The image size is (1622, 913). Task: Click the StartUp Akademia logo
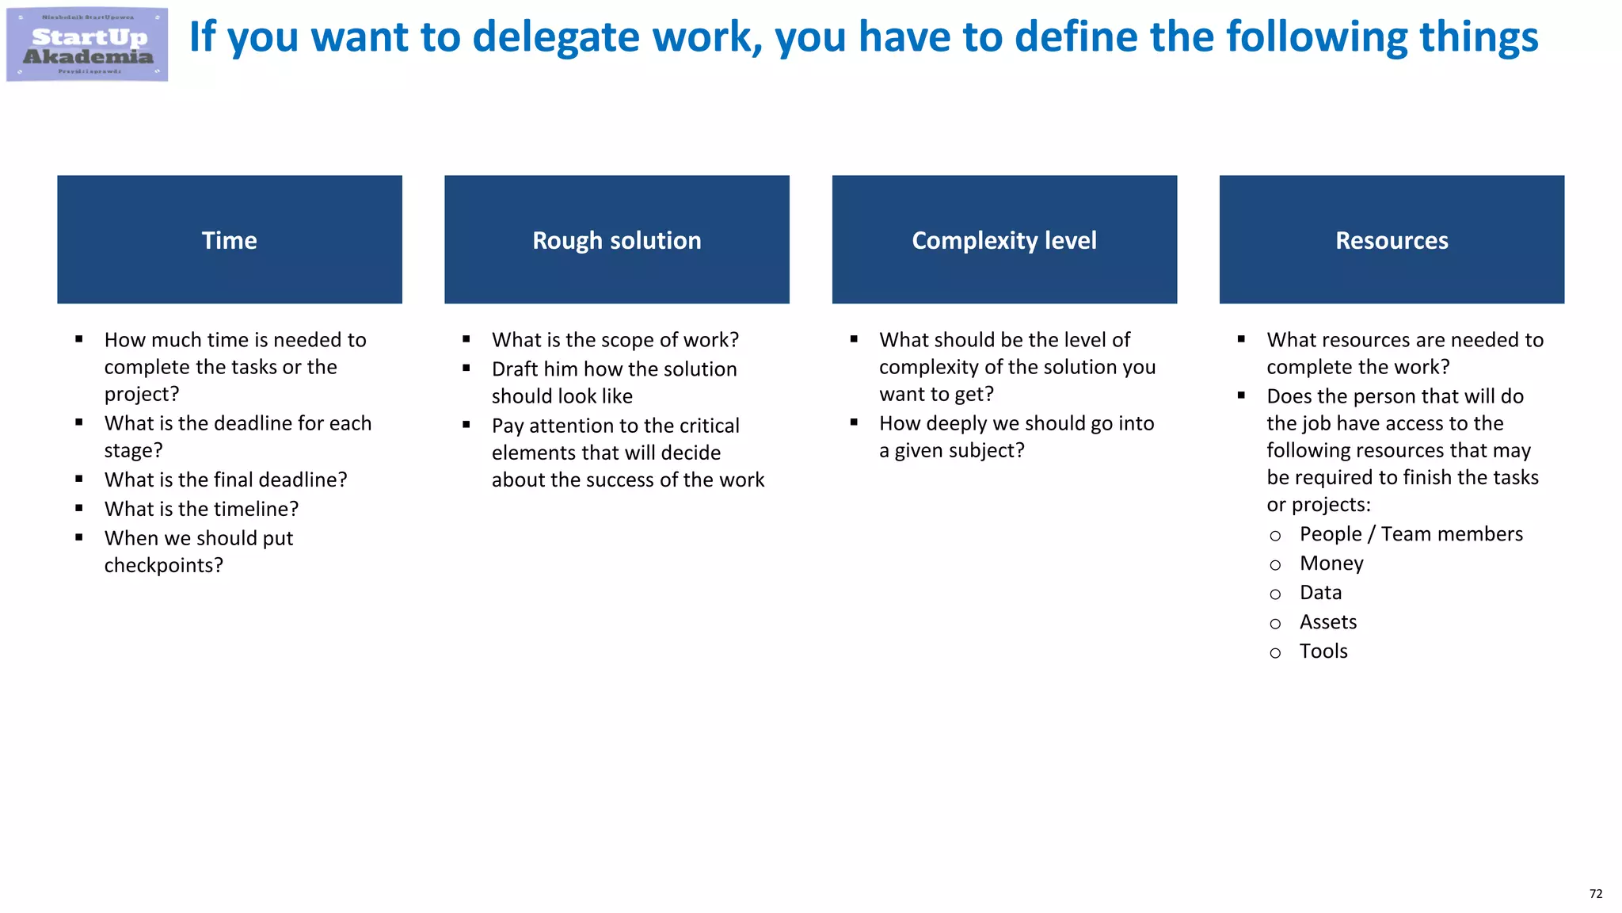pyautogui.click(x=87, y=45)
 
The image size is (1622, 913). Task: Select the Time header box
pyautogui.click(x=230, y=239)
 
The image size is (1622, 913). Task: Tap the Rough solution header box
pyautogui.click(x=617, y=239)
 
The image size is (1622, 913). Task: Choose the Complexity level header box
pyautogui.click(x=1004, y=239)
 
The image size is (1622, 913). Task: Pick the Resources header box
pyautogui.click(x=1392, y=239)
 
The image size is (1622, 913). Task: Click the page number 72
pyautogui.click(x=1595, y=894)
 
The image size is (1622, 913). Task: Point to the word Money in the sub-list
pyautogui.click(x=1331, y=563)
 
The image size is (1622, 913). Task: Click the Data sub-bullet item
pyautogui.click(x=1320, y=593)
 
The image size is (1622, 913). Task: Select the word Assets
pyautogui.click(x=1328, y=622)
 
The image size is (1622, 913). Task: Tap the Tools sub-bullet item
pyautogui.click(x=1323, y=651)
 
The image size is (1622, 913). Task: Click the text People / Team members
pyautogui.click(x=1411, y=534)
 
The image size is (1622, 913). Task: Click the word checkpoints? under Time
pyautogui.click(x=163, y=565)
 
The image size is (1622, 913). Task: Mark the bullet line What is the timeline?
pyautogui.click(x=201, y=509)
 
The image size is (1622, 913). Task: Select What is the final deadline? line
pyautogui.click(x=226, y=479)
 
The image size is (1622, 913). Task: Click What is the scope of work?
pyautogui.click(x=615, y=340)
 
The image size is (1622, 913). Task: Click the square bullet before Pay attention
pyautogui.click(x=466, y=425)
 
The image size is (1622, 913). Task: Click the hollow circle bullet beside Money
pyautogui.click(x=1275, y=565)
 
